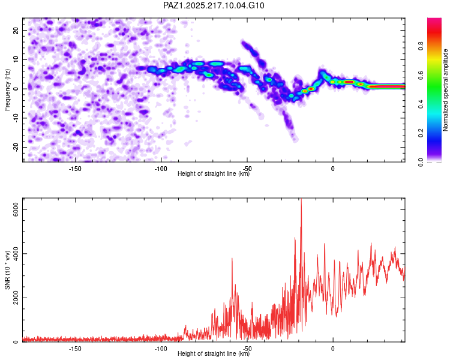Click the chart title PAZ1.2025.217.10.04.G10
point(214,5)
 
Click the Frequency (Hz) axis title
point(7,90)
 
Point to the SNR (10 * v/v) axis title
point(7,270)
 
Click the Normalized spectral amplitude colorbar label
point(445,90)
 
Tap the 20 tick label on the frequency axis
point(16,30)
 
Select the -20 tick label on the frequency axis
point(16,147)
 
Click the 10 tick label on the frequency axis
point(16,59)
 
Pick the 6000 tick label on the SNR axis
point(16,209)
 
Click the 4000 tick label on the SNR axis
point(16,254)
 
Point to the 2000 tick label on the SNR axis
point(16,298)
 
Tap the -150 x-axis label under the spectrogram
point(75,169)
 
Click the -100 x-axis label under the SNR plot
point(161,349)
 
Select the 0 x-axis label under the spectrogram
point(333,169)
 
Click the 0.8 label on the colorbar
point(421,46)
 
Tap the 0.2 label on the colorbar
point(421,133)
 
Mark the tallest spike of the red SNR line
point(301,199)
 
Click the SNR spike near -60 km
point(232,259)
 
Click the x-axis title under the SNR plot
point(214,353)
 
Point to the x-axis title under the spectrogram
point(214,173)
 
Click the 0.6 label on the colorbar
point(421,75)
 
